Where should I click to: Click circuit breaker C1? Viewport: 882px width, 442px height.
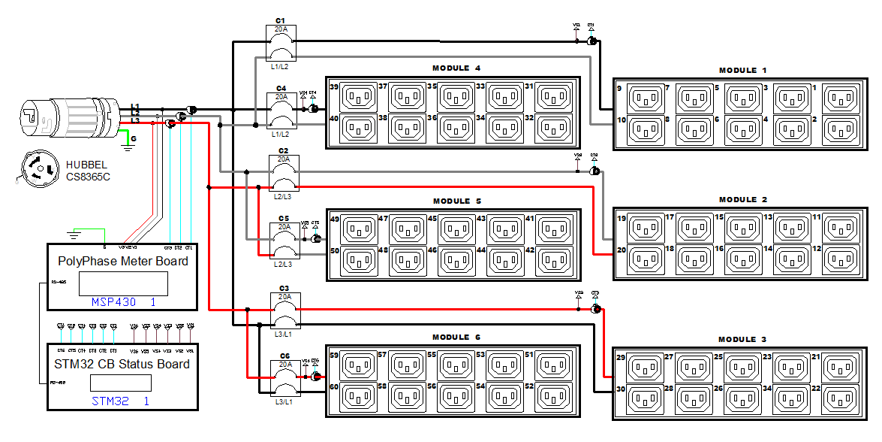pyautogui.click(x=282, y=43)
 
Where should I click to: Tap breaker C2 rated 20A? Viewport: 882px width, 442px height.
pyautogui.click(x=282, y=174)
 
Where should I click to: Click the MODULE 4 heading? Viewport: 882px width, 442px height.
pyautogui.click(x=456, y=68)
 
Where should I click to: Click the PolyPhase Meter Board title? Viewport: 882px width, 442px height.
pyautogui.click(x=123, y=262)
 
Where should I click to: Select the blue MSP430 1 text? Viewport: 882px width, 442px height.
pyautogui.click(x=122, y=301)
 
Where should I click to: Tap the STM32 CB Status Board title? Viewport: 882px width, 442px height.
pyautogui.click(x=122, y=364)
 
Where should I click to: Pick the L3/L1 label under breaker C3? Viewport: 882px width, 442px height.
pyautogui.click(x=282, y=333)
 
